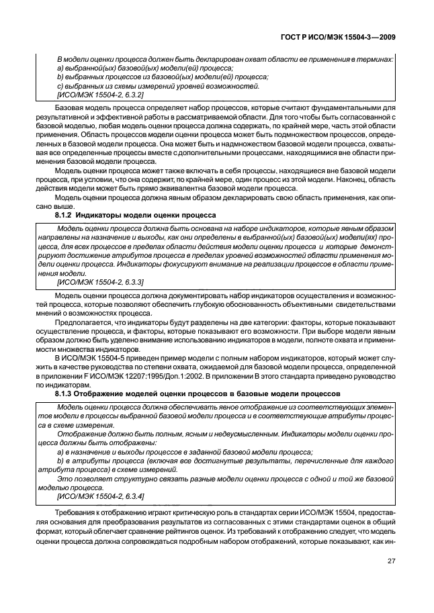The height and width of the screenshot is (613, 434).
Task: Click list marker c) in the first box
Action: [60, 86]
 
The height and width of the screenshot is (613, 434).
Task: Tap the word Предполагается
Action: [83, 323]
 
